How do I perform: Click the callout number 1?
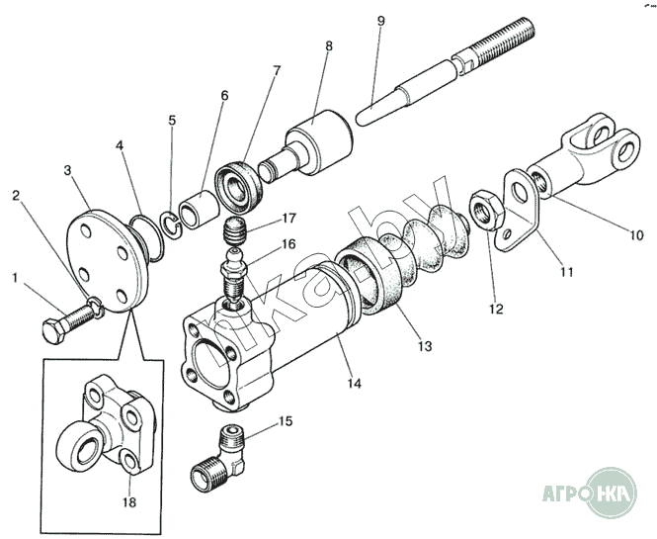(x=15, y=279)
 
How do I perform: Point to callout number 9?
(x=380, y=20)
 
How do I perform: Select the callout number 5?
(x=172, y=121)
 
